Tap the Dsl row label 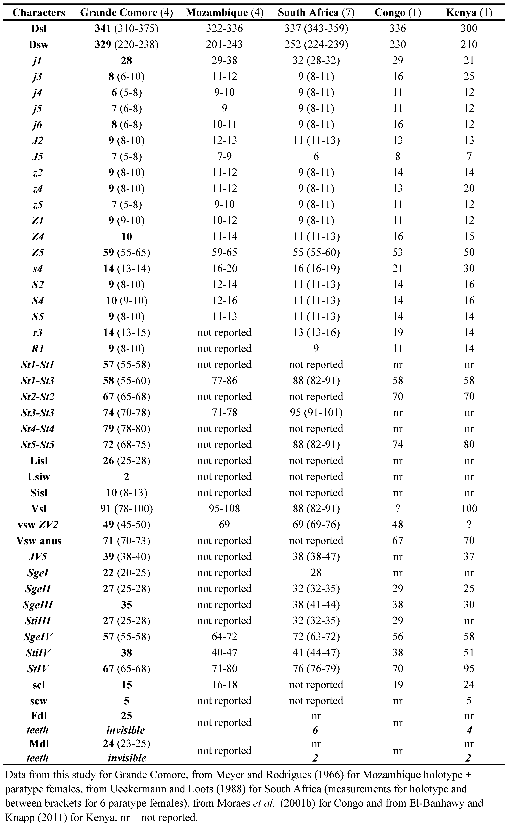click(39, 29)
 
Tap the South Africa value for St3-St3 click(316, 413)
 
